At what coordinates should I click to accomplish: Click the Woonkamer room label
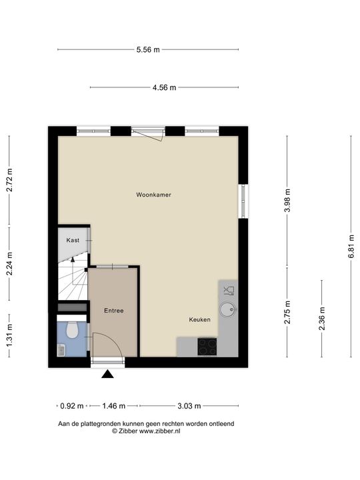click(x=154, y=195)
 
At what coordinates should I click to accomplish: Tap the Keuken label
click(x=199, y=319)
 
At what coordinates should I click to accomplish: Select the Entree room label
click(x=113, y=311)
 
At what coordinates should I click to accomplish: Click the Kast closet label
click(x=73, y=240)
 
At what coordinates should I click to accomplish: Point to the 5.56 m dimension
click(x=148, y=49)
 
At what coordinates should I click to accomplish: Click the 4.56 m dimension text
click(x=164, y=87)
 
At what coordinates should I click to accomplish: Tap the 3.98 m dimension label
click(x=287, y=201)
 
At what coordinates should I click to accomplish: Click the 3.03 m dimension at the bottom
click(x=189, y=405)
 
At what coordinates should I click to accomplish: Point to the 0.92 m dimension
click(x=72, y=405)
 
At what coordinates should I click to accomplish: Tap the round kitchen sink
click(x=229, y=309)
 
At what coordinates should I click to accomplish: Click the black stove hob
click(x=207, y=346)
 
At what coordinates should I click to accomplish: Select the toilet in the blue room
click(x=73, y=329)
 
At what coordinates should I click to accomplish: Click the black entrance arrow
click(x=107, y=375)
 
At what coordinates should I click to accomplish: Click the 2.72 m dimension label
click(x=9, y=179)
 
